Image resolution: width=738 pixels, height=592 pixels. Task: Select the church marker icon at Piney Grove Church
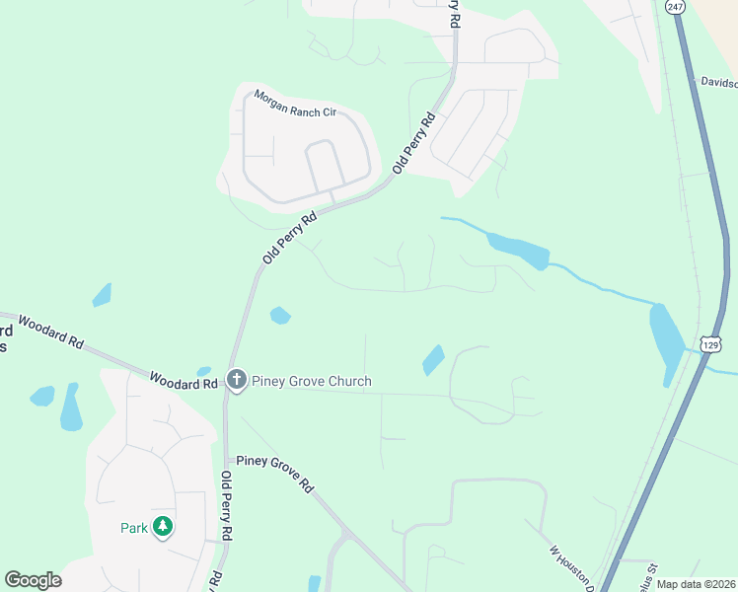point(237,380)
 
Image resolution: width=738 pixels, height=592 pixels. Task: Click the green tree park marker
point(163,528)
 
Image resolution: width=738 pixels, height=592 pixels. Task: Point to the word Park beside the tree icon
point(134,528)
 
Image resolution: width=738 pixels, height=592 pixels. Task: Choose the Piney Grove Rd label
point(274,474)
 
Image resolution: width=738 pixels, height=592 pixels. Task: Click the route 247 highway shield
point(674,6)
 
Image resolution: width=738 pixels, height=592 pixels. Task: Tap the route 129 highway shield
point(712,343)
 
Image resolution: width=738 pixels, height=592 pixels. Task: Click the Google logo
point(33,579)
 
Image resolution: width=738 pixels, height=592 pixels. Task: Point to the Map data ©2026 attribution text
point(696,584)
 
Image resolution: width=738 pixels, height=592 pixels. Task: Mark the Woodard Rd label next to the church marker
point(184,379)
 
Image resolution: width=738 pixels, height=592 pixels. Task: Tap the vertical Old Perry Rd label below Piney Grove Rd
point(227,504)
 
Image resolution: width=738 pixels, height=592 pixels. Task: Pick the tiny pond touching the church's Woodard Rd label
point(204,371)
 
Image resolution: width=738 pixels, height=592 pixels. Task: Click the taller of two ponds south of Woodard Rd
point(71,407)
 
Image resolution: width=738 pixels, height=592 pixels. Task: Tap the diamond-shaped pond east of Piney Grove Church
point(432,360)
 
